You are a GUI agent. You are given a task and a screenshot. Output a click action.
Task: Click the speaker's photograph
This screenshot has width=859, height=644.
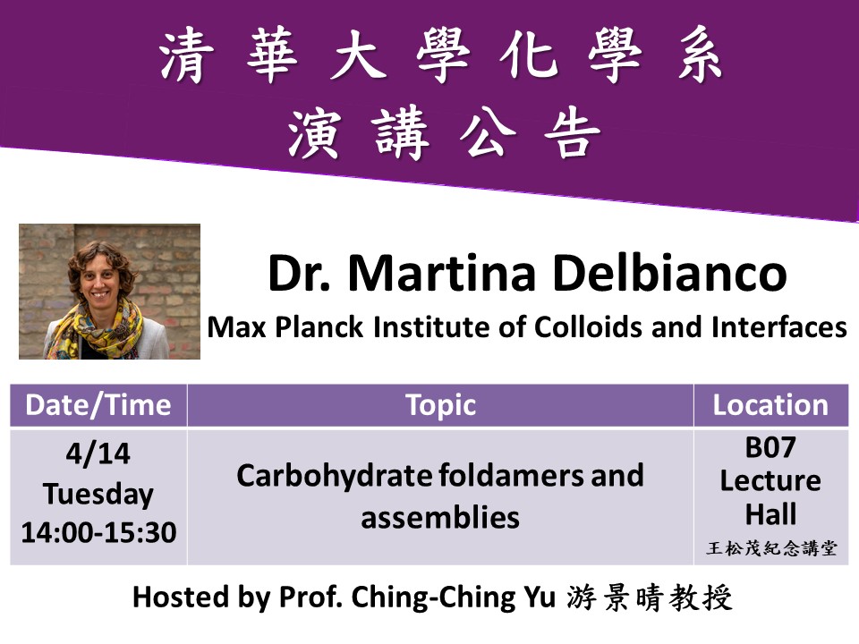pos(109,291)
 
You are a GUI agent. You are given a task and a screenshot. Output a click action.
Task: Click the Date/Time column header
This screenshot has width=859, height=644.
pos(98,405)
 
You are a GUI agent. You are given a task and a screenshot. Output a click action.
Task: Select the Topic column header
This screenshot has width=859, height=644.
pos(440,405)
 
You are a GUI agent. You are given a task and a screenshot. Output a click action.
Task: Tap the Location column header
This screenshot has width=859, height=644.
pos(770,405)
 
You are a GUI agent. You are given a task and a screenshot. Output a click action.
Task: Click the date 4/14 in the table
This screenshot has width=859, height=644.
pos(98,454)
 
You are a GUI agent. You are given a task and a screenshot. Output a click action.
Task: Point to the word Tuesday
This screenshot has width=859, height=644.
pos(98,494)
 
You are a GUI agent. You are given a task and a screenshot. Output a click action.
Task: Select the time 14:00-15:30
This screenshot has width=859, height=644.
pos(98,533)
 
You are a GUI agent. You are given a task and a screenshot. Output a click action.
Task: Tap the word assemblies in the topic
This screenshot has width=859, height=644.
pos(440,516)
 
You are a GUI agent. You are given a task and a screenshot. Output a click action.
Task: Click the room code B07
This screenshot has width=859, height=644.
pos(770,447)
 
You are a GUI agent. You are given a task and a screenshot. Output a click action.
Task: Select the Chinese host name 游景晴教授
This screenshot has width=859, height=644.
pos(650,597)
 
